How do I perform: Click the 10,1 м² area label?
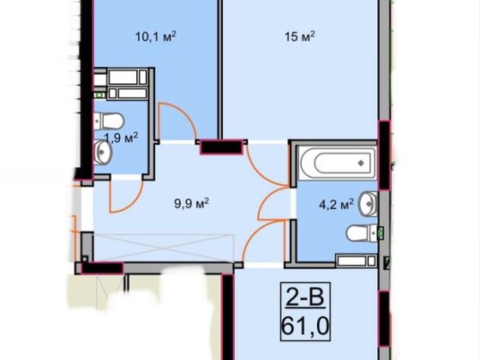156,36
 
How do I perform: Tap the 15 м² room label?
300,36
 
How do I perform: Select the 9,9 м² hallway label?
192,203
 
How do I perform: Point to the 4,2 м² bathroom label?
336,204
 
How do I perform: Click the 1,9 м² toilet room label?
121,138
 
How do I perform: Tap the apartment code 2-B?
305,297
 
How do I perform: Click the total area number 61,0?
305,327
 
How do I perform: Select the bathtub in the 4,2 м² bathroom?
337,163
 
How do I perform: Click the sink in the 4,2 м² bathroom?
369,203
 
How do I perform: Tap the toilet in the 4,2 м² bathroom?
362,233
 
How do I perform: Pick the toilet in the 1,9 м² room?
109,121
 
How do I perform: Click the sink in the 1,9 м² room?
103,153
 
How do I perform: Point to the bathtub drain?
361,163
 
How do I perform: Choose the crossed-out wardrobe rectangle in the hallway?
163,248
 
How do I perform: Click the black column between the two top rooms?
222,147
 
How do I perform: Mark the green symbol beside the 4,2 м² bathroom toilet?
381,233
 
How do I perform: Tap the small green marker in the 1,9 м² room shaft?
99,95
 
